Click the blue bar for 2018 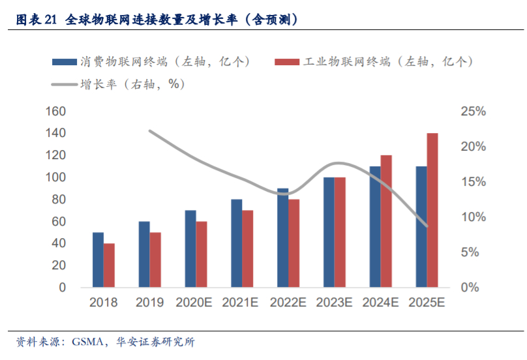click(98, 260)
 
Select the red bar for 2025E click(432, 210)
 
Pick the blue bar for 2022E click(282, 238)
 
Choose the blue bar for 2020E click(190, 248)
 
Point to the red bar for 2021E click(248, 248)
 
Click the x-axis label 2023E click(334, 303)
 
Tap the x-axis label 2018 click(103, 303)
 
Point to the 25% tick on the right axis click(474, 112)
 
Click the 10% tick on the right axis click(474, 217)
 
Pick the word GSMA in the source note click(89, 342)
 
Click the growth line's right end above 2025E click(427, 226)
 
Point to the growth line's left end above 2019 click(149, 130)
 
